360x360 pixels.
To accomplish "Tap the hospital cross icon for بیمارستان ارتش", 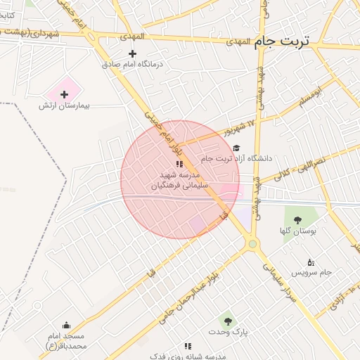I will click(x=65, y=94).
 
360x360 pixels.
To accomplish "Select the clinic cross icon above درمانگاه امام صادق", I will click(x=132, y=53).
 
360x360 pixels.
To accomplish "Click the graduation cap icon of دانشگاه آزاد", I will click(x=237, y=148).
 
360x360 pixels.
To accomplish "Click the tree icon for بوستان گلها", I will click(x=298, y=219).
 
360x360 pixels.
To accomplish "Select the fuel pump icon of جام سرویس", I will click(x=311, y=262).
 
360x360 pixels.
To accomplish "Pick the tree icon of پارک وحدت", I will click(x=226, y=320).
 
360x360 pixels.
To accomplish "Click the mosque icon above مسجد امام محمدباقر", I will click(x=66, y=326).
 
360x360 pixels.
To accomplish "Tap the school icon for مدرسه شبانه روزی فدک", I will click(x=187, y=346).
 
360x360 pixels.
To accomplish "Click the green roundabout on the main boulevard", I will click(x=252, y=243).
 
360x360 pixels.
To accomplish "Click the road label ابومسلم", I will click(x=309, y=98).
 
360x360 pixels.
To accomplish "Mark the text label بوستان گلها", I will click(x=298, y=230).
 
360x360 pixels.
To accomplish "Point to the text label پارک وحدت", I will click(x=227, y=330).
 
